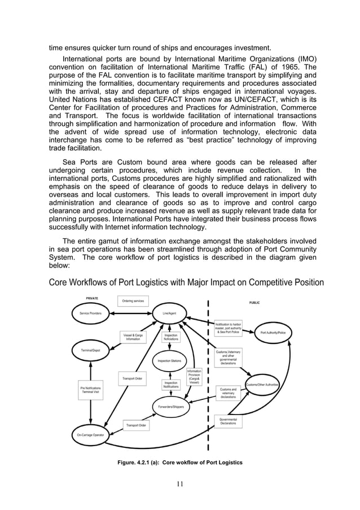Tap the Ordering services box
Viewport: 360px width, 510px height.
[x=133, y=301]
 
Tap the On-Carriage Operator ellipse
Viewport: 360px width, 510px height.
[x=90, y=435]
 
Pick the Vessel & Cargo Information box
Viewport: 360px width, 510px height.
[x=133, y=337]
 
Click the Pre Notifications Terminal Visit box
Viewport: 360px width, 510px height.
[x=90, y=389]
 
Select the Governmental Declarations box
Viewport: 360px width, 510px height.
[x=228, y=421]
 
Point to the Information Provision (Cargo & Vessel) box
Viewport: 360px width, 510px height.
[x=194, y=377]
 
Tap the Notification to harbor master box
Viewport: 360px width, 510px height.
[x=228, y=328]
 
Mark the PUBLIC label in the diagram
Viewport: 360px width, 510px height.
[x=254, y=303]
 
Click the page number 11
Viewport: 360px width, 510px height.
[x=180, y=483]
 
